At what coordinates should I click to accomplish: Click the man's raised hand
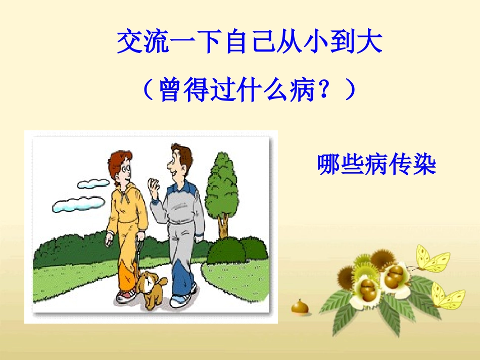154,186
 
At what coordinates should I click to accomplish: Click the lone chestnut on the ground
300,307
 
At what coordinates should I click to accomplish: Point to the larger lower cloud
78,204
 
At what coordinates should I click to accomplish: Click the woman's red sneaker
126,295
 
